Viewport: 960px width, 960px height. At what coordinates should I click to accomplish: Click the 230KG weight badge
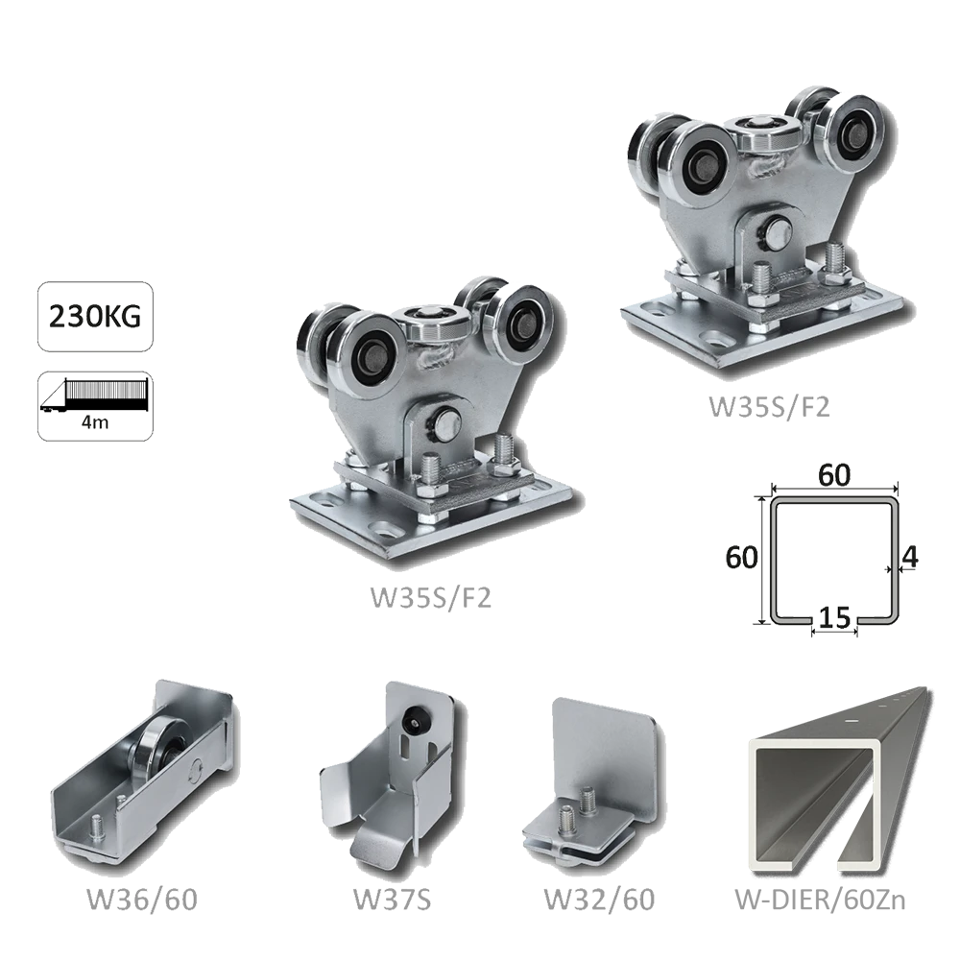(x=95, y=317)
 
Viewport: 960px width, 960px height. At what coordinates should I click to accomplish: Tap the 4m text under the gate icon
(x=95, y=422)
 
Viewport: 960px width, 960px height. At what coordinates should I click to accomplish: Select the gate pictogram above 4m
(x=95, y=396)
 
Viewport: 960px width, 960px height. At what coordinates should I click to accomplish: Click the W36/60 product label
(x=142, y=900)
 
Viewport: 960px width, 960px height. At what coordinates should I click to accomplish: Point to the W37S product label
(x=393, y=900)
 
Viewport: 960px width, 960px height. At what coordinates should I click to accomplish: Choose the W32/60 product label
(x=599, y=900)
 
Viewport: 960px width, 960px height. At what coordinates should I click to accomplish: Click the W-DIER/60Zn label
(x=820, y=900)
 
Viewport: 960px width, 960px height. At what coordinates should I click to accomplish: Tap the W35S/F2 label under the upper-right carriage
(x=770, y=406)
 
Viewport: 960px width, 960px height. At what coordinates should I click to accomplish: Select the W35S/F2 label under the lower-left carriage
(x=431, y=597)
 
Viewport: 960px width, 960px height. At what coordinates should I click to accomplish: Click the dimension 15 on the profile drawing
(x=834, y=617)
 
